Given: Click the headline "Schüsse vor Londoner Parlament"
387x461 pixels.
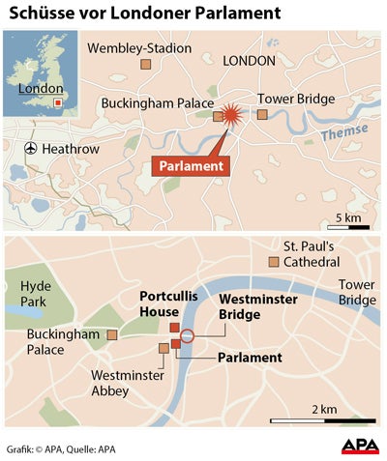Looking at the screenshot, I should [x=144, y=14].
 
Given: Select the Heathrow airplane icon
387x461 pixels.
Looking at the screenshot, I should [x=31, y=149].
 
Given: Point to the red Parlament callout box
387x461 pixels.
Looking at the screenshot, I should [x=190, y=165].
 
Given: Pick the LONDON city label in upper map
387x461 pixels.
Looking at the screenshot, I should [x=249, y=60].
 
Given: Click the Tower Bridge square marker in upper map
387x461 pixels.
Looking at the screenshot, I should [x=261, y=115].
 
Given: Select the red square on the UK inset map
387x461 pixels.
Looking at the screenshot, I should [x=57, y=101].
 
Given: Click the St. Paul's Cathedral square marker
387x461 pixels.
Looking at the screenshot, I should [x=274, y=262].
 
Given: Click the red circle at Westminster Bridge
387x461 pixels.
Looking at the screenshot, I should [x=189, y=335].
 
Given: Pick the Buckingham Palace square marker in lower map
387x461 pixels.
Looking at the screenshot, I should [x=112, y=334].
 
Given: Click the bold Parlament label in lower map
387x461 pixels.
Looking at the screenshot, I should [x=250, y=358].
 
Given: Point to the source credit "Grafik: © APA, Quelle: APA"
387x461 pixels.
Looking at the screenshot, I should [x=62, y=447].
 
